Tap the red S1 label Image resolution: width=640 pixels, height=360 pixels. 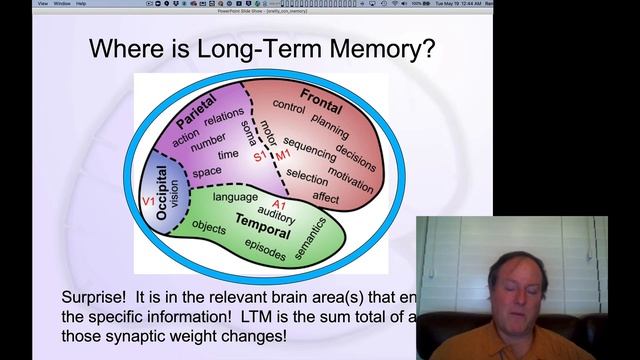click(260, 158)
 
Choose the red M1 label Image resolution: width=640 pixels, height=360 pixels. click(284, 158)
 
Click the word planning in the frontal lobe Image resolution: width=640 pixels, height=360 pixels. click(331, 120)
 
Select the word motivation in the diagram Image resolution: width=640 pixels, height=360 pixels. click(350, 174)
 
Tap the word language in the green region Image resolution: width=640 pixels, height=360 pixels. click(235, 198)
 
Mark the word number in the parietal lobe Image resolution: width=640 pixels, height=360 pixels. click(209, 141)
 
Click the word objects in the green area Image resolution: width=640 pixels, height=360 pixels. click(209, 227)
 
